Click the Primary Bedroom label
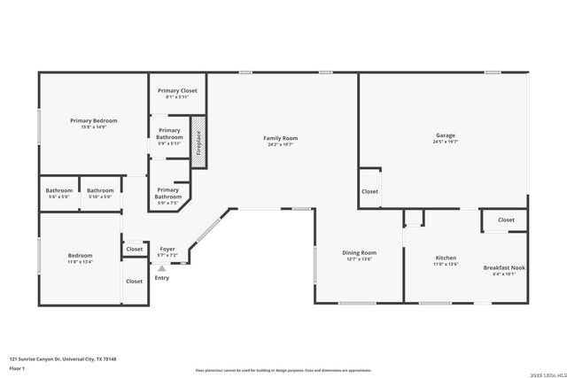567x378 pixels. tap(94, 120)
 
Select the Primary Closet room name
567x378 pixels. tap(177, 90)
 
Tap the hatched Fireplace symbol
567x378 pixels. tap(198, 140)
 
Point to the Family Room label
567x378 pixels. tap(280, 138)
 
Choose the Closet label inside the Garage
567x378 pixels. tap(369, 191)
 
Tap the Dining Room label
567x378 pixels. tap(360, 252)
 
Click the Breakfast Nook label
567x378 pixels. tap(504, 267)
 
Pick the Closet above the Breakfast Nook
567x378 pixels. tap(506, 220)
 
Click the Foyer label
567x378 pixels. tap(167, 249)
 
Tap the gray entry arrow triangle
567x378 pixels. tap(161, 268)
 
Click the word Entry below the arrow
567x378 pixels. tap(161, 278)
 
